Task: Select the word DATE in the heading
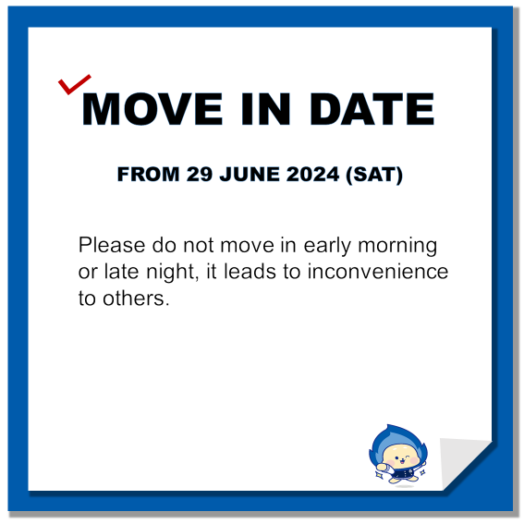(372, 109)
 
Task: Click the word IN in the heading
(265, 109)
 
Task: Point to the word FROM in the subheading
(149, 174)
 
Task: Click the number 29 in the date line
(200, 174)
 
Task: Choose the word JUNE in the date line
(250, 174)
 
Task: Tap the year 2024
(312, 174)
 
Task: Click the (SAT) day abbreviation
(374, 175)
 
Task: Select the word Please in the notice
(112, 245)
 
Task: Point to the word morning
(397, 247)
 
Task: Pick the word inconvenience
(378, 272)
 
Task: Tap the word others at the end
(134, 299)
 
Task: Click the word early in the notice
(327, 247)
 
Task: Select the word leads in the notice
(250, 272)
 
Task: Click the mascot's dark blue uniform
(403, 473)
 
